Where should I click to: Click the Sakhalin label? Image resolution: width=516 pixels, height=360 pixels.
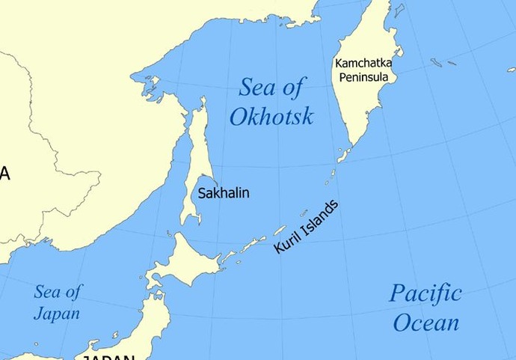223,193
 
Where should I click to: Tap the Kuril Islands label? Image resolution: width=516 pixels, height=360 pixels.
306,227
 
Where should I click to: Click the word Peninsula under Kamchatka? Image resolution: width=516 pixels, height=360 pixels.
363,77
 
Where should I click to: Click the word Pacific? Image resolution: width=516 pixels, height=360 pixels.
425,293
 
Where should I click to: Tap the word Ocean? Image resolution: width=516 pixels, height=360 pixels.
426,323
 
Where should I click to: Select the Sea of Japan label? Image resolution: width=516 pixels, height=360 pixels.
57,302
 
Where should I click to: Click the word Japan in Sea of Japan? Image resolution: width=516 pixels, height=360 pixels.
57,314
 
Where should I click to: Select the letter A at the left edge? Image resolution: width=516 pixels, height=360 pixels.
4,174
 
